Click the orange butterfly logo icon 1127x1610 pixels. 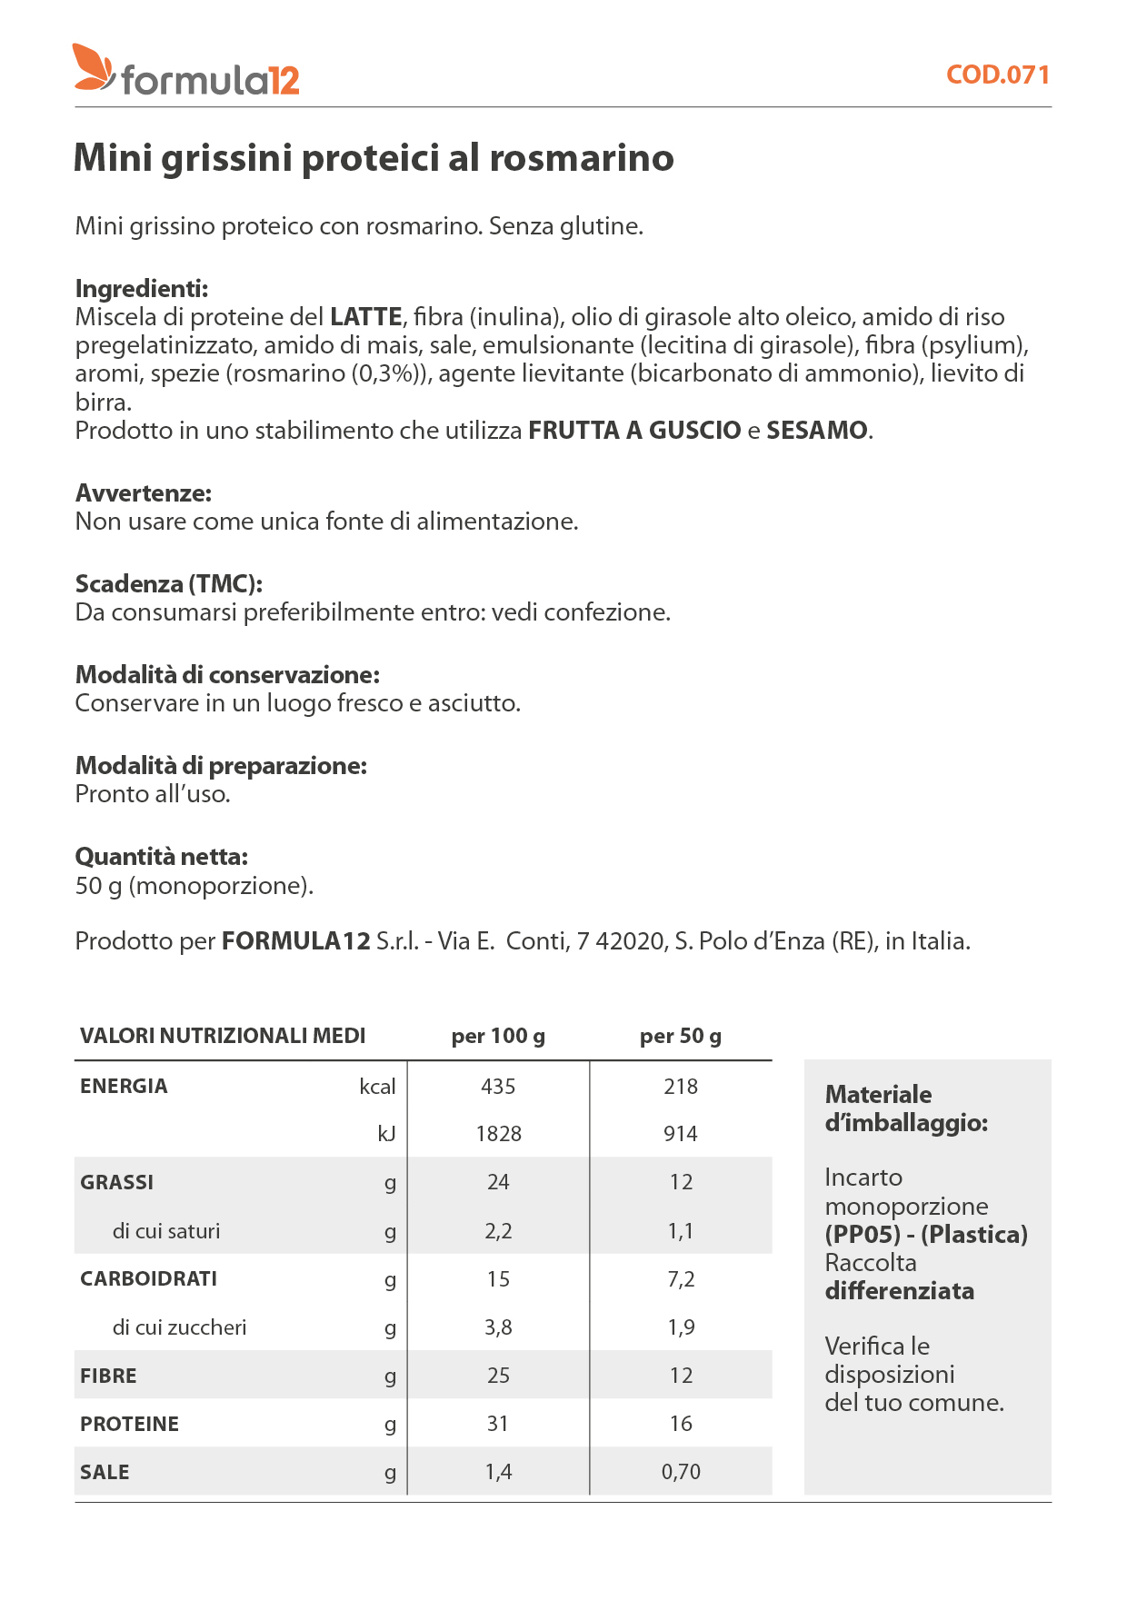(94, 67)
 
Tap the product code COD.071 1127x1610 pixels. (998, 75)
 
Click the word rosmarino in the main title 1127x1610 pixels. (582, 158)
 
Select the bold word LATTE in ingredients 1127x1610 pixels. (365, 317)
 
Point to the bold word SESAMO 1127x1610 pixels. (817, 431)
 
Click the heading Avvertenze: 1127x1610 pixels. (144, 493)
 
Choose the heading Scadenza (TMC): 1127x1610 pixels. (169, 584)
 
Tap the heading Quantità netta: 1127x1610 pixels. (162, 857)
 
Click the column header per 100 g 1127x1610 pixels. (498, 1037)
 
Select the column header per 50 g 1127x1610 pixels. (681, 1037)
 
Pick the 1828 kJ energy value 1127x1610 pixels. (498, 1134)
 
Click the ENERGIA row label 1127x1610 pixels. (124, 1087)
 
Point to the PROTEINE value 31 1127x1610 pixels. (498, 1424)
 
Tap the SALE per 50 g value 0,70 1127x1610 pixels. (681, 1472)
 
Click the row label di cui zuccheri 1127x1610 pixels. (179, 1327)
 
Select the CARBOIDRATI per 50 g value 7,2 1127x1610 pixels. (681, 1279)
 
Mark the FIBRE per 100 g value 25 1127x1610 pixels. (498, 1376)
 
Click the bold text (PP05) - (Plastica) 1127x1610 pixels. (926, 1235)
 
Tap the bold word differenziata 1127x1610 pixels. (900, 1291)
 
